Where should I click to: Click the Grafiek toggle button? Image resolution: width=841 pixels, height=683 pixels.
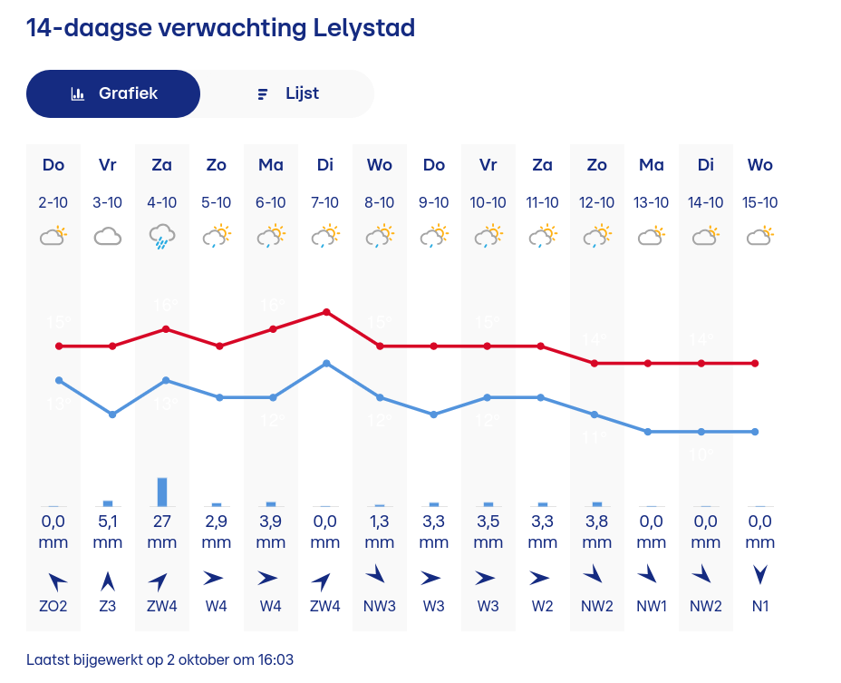point(113,93)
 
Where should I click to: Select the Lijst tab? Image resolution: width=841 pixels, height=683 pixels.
point(287,93)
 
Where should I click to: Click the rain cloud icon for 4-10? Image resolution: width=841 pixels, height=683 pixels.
point(162,237)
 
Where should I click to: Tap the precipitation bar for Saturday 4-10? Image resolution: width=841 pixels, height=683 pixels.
point(162,492)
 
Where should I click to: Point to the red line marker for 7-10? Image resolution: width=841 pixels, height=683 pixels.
point(326,312)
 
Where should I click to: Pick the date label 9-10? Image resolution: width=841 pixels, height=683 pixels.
point(434,202)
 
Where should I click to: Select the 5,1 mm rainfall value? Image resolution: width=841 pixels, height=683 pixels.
point(108,522)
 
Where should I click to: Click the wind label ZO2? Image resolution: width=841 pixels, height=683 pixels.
point(53,606)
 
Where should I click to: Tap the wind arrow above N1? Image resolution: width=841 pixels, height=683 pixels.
point(760,575)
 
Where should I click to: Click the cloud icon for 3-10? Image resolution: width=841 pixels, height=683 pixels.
point(108,237)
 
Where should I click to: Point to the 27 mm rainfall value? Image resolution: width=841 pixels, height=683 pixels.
point(162,522)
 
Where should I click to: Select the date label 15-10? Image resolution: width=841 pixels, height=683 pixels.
point(760,202)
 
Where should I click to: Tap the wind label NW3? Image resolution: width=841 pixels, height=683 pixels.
point(380,606)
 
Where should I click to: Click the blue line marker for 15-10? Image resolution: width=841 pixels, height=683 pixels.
point(755,432)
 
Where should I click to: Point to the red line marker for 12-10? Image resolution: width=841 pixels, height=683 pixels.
point(594,363)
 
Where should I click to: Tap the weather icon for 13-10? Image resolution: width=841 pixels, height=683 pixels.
point(652,237)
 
